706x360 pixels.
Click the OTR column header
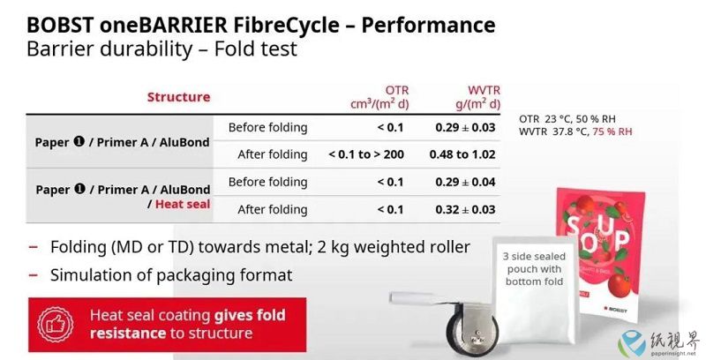coord(379,97)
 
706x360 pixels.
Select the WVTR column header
coord(477,97)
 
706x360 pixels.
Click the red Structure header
coord(179,97)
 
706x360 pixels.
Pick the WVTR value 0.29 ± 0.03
coord(465,127)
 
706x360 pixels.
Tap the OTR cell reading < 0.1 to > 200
coord(366,154)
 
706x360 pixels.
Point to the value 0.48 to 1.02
coord(462,154)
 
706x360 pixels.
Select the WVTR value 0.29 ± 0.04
coord(465,182)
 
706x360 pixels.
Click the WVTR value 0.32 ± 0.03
coord(465,209)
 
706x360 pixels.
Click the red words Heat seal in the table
coord(183,204)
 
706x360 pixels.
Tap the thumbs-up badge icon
coord(56,325)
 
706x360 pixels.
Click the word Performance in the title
coord(428,26)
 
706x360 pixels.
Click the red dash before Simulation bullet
coord(33,275)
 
